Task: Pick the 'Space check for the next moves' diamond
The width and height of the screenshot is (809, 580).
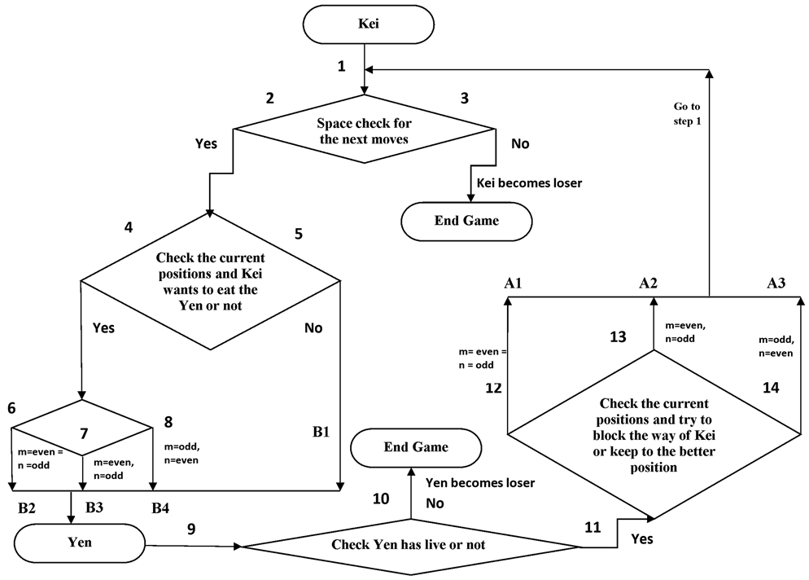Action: pos(365,130)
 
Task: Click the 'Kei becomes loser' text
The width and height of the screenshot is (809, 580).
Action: pos(529,182)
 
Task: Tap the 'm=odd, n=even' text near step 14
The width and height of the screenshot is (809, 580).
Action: pos(776,345)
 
